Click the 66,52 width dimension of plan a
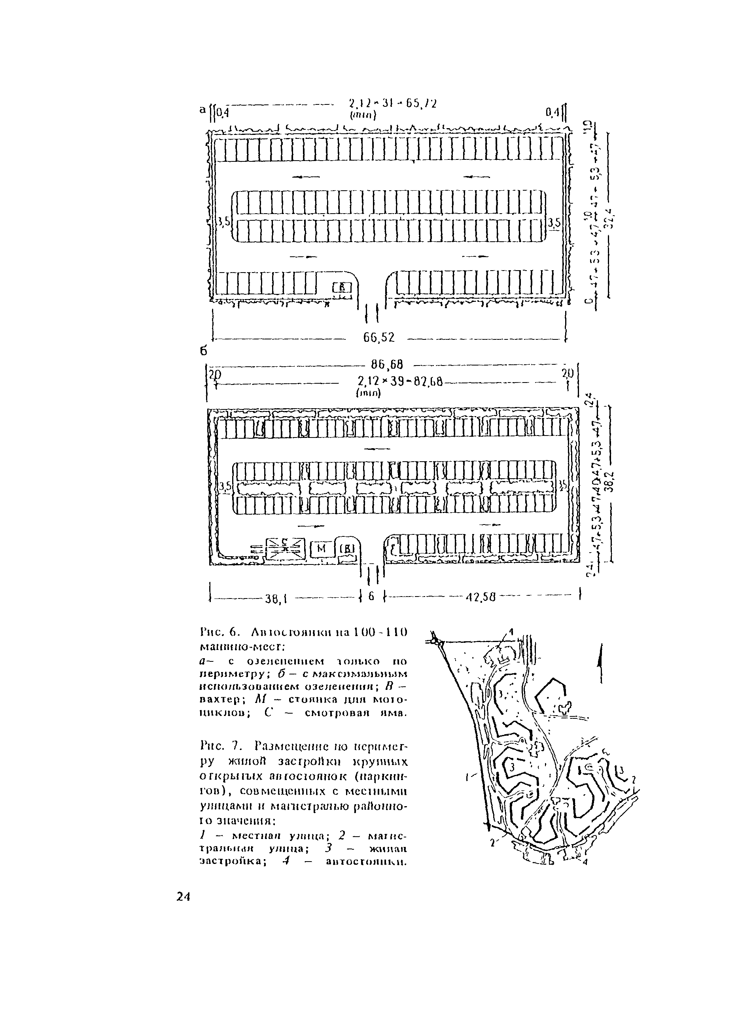click(379, 337)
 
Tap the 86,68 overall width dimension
click(388, 364)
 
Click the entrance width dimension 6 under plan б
click(371, 596)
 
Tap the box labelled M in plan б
click(321, 549)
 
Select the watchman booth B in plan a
click(343, 288)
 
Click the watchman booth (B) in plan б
click(349, 547)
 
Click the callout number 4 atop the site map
click(511, 631)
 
